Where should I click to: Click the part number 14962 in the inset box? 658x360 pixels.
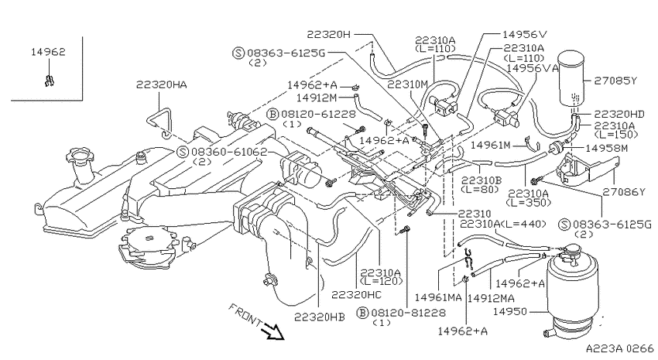click(x=48, y=52)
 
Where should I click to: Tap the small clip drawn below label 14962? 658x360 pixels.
click(x=50, y=80)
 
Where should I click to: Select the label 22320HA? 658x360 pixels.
click(x=162, y=84)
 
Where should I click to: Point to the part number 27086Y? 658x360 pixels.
click(x=624, y=192)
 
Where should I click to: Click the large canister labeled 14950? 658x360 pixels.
click(x=570, y=290)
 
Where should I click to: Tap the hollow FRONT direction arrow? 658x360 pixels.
click(x=272, y=331)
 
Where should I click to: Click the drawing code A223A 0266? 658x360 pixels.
click(x=619, y=348)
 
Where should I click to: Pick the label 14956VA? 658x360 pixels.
click(x=533, y=68)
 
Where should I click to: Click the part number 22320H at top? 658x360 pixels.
click(x=328, y=34)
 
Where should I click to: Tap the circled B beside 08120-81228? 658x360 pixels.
click(x=362, y=313)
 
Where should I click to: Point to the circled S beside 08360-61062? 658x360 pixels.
click(x=183, y=152)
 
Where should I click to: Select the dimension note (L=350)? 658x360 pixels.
click(x=528, y=203)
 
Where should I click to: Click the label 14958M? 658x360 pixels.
click(x=606, y=148)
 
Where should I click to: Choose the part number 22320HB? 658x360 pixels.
click(x=320, y=317)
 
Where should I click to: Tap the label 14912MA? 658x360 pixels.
click(x=491, y=298)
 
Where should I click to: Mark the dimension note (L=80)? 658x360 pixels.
click(x=480, y=189)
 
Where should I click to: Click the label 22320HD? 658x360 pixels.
click(x=619, y=114)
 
